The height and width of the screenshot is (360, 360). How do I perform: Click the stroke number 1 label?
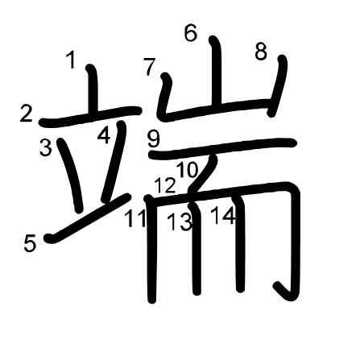pyautogui.click(x=71, y=60)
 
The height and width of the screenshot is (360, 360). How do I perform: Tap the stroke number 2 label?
pyautogui.click(x=27, y=114)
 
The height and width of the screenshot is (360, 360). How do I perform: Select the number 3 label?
pyautogui.click(x=46, y=147)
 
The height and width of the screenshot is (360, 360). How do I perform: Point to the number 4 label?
pyautogui.click(x=104, y=135)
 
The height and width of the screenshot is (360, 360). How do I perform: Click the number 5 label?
pyautogui.click(x=30, y=243)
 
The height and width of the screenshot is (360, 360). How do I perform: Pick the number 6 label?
pyautogui.click(x=191, y=33)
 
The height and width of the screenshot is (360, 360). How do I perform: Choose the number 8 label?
pyautogui.click(x=261, y=52)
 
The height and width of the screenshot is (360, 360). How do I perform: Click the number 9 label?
pyautogui.click(x=154, y=139)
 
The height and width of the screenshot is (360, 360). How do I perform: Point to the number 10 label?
pyautogui.click(x=188, y=170)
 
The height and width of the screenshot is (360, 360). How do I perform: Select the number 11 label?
pyautogui.click(x=135, y=218)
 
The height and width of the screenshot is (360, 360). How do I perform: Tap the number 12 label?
pyautogui.click(x=165, y=185)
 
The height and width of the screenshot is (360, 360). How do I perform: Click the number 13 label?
pyautogui.click(x=180, y=221)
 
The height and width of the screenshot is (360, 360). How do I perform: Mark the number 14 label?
pyautogui.click(x=223, y=216)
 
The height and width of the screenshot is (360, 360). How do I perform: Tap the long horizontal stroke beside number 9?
pyautogui.click(x=222, y=148)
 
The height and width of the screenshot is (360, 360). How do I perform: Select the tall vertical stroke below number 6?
pyautogui.click(x=217, y=72)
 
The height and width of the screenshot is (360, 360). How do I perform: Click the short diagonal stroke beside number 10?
pyautogui.click(x=203, y=174)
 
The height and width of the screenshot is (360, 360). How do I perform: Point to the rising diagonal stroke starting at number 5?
pyautogui.click(x=88, y=218)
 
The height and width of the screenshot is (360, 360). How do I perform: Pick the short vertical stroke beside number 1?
pyautogui.click(x=93, y=89)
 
